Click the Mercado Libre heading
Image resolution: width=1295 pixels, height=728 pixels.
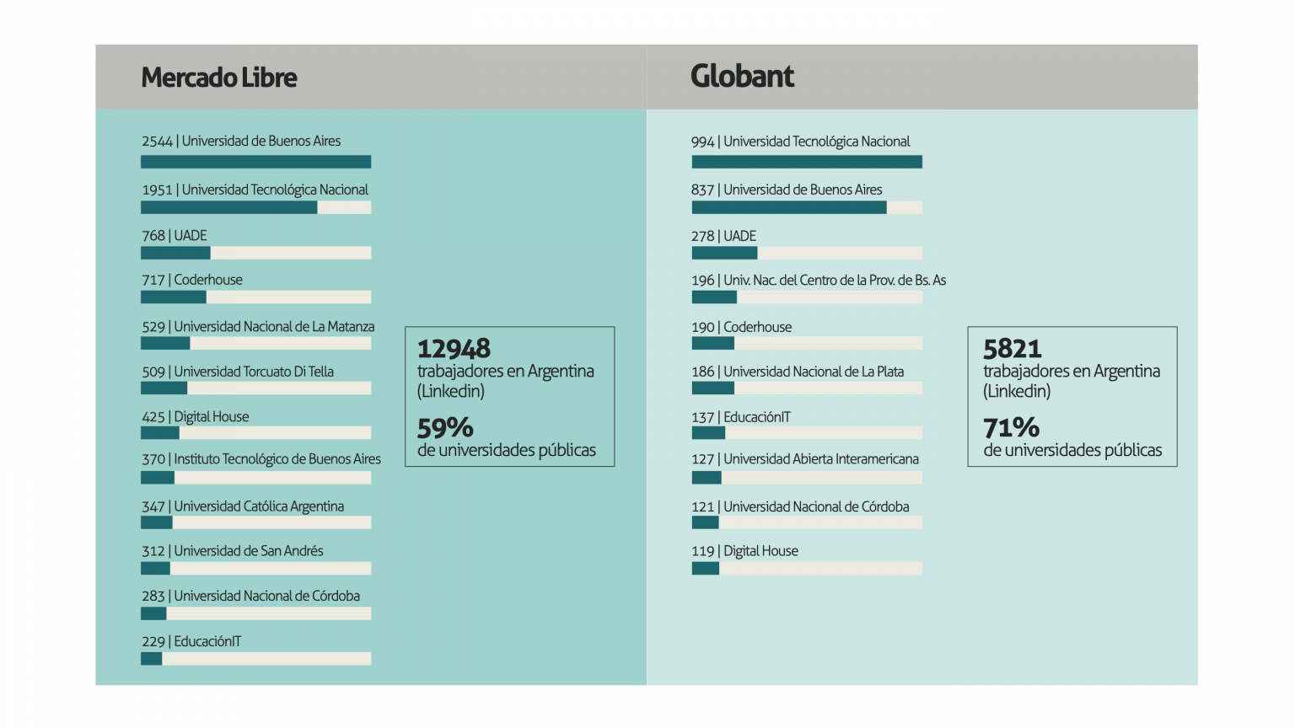point(219,78)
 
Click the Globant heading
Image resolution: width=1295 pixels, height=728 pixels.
point(742,77)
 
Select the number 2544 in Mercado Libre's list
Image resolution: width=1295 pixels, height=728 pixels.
point(157,142)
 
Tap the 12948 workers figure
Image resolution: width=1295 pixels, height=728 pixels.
point(454,349)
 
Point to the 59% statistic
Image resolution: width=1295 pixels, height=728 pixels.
point(445,428)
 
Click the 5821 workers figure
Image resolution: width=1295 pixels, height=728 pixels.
point(1012,349)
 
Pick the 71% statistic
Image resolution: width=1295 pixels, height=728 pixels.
point(1011,428)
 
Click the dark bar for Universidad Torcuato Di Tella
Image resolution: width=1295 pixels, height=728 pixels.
point(164,388)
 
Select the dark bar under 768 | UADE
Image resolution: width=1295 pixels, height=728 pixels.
point(175,253)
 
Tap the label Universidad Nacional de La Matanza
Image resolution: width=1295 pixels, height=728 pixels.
point(274,327)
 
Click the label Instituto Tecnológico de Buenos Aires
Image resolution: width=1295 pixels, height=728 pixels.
point(277,459)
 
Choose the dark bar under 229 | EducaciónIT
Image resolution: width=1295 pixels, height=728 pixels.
point(152,659)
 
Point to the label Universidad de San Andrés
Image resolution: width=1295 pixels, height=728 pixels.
point(249,551)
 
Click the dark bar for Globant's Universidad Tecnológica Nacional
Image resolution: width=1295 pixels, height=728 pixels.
point(807,162)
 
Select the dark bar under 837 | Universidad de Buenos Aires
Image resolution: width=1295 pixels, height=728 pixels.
point(789,207)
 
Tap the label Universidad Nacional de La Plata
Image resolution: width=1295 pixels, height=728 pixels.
point(814,372)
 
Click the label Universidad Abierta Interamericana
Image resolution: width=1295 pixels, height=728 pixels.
point(821,459)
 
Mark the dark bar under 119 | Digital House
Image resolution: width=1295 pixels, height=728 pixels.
point(706,569)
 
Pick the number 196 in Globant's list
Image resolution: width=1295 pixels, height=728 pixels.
point(702,281)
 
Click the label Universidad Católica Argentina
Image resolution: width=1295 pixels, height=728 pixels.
point(259,506)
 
